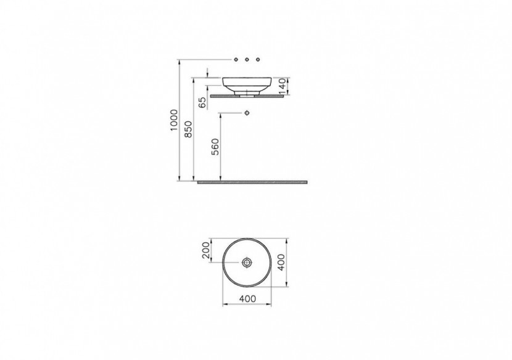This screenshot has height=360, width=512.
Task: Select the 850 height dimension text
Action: coord(188,129)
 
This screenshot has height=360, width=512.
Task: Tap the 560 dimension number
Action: coord(215,147)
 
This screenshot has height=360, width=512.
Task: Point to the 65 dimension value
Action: coord(202,103)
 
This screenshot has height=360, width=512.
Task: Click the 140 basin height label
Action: coord(283,86)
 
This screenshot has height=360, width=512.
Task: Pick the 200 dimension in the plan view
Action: coord(206,250)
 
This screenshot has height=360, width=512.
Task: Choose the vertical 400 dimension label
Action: coord(281,262)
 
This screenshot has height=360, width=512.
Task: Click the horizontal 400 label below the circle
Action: coord(248,298)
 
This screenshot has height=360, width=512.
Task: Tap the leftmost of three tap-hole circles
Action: coord(236,59)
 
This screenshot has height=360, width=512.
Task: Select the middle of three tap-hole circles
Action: coord(247,59)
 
